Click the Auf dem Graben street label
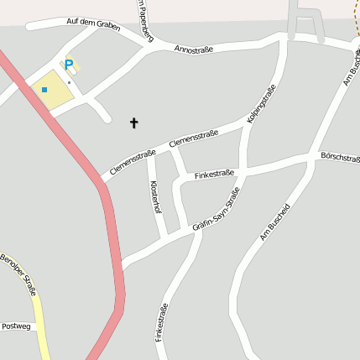[93, 25]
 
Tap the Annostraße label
[194, 50]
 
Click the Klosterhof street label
[154, 196]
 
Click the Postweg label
[15, 326]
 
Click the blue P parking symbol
[69, 64]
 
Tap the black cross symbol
[133, 123]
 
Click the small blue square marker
[44, 89]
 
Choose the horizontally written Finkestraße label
[214, 175]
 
